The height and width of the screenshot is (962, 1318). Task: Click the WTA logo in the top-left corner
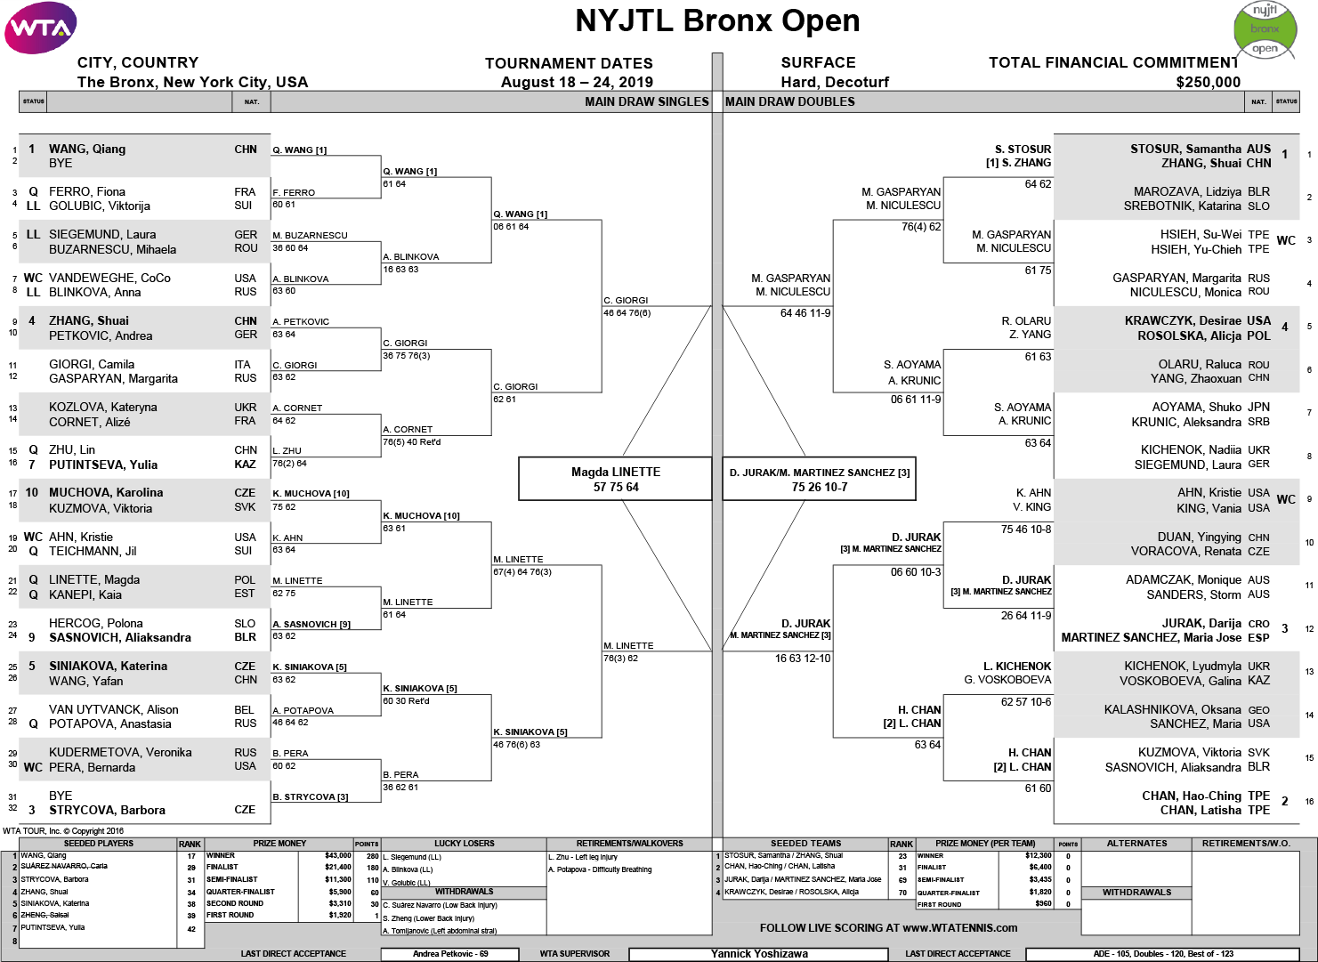tap(41, 28)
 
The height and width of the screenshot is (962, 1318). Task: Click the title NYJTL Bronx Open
tap(717, 21)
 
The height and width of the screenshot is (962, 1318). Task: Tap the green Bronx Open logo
tap(1265, 29)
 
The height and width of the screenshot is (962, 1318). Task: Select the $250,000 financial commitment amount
tap(1208, 83)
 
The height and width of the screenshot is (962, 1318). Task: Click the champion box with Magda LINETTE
tap(615, 479)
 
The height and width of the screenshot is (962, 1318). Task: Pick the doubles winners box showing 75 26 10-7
tap(819, 479)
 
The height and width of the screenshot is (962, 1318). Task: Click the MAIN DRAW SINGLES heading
tap(646, 101)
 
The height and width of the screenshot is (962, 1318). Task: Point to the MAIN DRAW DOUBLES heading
tap(789, 101)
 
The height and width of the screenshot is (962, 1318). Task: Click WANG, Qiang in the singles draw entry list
tap(87, 150)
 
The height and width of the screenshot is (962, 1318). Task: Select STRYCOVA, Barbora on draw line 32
tap(107, 810)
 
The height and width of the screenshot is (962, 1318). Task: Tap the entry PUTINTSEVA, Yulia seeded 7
tap(103, 465)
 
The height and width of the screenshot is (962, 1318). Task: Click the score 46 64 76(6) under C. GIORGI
tap(627, 313)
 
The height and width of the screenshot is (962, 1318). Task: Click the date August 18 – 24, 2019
tap(577, 83)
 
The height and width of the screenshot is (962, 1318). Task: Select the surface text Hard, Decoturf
tap(835, 83)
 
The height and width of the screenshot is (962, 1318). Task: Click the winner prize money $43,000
tap(337, 855)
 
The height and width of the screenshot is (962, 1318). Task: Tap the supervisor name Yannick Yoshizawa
tap(759, 954)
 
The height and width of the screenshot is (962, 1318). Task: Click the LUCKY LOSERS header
tap(464, 843)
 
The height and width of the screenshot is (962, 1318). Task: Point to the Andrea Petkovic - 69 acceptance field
tap(450, 954)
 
